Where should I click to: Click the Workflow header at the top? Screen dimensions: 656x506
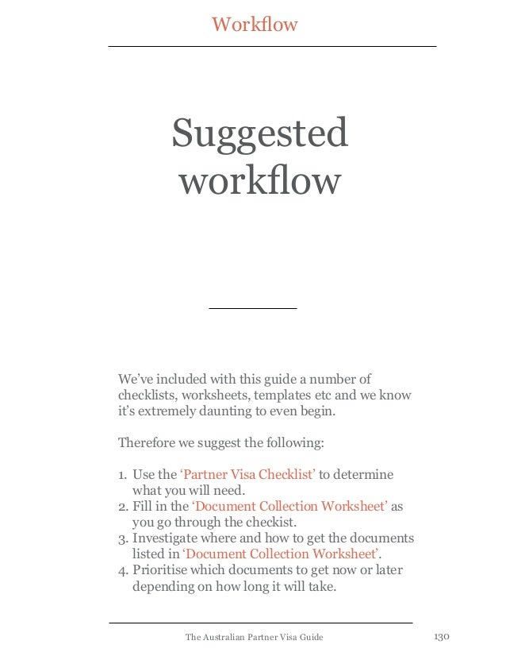click(x=254, y=25)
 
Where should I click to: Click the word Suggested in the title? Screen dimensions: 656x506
click(x=260, y=133)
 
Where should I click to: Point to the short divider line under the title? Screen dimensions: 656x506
click(x=252, y=307)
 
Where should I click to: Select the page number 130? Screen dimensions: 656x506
click(x=442, y=637)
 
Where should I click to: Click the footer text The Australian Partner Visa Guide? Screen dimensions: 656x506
click(x=254, y=637)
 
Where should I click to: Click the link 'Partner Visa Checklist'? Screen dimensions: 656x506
click(x=248, y=475)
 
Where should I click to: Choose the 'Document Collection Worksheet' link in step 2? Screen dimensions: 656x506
click(x=290, y=506)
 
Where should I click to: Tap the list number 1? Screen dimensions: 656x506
click(x=122, y=476)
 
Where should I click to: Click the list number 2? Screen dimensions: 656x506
click(x=122, y=507)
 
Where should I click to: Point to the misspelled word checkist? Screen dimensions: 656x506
click(x=266, y=522)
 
